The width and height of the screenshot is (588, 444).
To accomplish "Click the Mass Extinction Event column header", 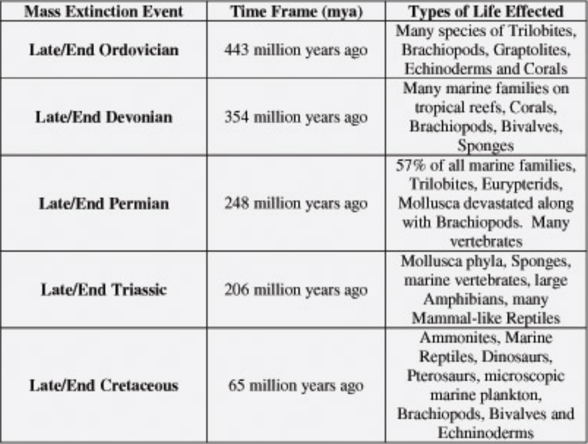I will click(104, 12).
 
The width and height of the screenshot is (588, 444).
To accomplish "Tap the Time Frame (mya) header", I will click(296, 12).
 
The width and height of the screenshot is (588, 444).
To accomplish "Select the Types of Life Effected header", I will click(486, 12).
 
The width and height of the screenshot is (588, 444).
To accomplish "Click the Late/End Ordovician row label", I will click(104, 50).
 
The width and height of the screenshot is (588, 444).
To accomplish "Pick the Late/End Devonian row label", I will click(104, 117).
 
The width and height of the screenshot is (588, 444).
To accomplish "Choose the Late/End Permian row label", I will click(104, 204).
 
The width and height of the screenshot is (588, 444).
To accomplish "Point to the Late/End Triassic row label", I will click(104, 290).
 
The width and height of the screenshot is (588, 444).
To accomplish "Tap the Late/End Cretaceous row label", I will click(104, 386).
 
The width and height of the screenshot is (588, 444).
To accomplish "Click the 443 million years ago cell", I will click(296, 50).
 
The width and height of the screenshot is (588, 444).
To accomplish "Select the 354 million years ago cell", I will click(296, 117).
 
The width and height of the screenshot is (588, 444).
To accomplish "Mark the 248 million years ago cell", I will click(296, 204).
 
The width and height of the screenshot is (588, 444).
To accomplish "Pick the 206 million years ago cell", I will click(296, 290).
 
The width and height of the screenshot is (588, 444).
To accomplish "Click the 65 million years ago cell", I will click(296, 386).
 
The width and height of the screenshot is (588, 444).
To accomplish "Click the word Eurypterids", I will click(521, 184).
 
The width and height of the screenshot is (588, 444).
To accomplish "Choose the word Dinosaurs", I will click(516, 357).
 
